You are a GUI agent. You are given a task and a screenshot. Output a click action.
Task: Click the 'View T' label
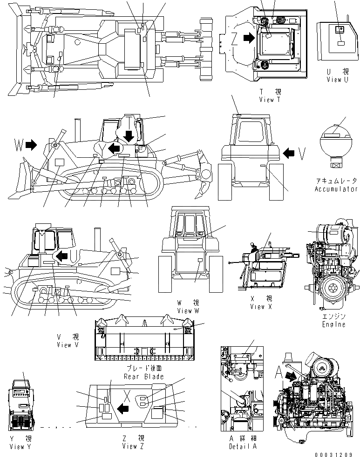click(x=270, y=100)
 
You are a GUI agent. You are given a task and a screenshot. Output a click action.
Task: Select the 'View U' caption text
click(x=337, y=80)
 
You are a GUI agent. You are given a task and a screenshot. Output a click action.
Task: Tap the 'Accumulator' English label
click(x=336, y=189)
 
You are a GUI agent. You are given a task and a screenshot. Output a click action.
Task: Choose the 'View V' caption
click(x=68, y=345)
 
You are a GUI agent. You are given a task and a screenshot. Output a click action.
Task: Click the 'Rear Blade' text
click(x=144, y=376)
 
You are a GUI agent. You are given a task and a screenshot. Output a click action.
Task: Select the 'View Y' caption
click(x=20, y=446)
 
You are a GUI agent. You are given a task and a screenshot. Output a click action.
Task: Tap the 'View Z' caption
click(x=133, y=446)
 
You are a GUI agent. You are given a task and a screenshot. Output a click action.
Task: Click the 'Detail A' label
click(x=243, y=446)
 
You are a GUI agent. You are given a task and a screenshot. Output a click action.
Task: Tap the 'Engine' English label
click(x=334, y=324)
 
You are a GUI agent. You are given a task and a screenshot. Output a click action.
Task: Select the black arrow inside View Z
click(x=122, y=409)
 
